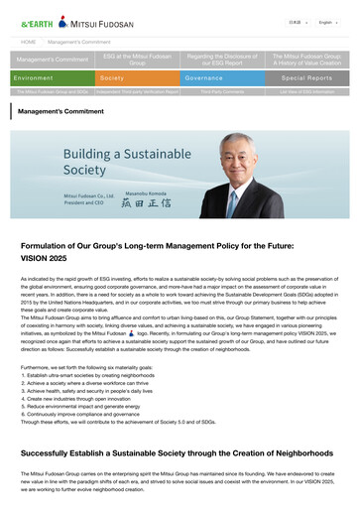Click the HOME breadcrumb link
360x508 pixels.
pos(29,43)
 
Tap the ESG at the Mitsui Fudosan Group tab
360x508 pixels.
pos(137,60)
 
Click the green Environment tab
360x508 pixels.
pos(54,77)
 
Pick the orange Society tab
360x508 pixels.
pos(137,77)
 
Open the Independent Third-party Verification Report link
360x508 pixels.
pos(137,90)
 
